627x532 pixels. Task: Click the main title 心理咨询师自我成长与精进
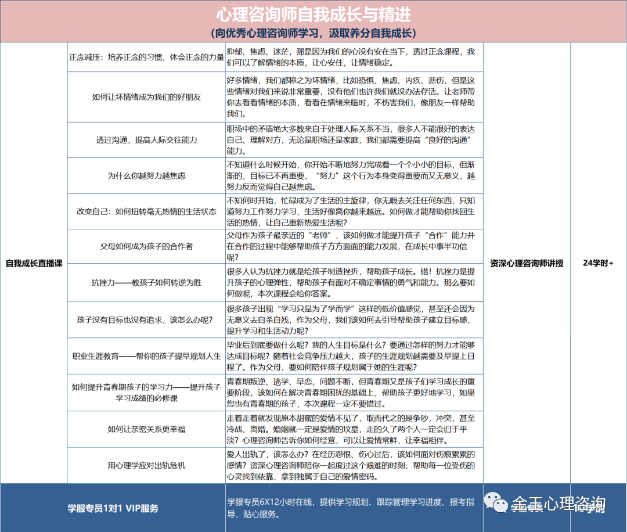pyautogui.click(x=313, y=14)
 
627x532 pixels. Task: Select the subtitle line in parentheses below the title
pyautogui.click(x=313, y=33)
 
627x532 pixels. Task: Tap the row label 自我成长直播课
pyautogui.click(x=34, y=263)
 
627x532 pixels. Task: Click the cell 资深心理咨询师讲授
pyautogui.click(x=527, y=263)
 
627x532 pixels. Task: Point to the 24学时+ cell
pyautogui.click(x=598, y=263)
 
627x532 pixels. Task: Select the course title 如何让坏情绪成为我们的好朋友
pyautogui.click(x=146, y=97)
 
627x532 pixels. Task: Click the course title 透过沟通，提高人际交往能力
pyautogui.click(x=146, y=140)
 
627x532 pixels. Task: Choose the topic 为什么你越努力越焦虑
pyautogui.click(x=146, y=175)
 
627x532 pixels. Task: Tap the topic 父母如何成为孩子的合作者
pyautogui.click(x=146, y=246)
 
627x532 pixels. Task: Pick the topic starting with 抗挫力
pyautogui.click(x=146, y=283)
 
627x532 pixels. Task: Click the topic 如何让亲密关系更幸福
pyautogui.click(x=146, y=429)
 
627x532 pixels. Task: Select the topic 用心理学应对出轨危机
pyautogui.click(x=146, y=465)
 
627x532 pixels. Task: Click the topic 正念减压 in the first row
pyautogui.click(x=146, y=57)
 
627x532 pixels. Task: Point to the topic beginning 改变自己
pyautogui.click(x=146, y=211)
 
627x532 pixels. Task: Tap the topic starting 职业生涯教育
pyautogui.click(x=146, y=356)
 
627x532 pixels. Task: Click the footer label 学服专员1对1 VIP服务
pyautogui.click(x=113, y=508)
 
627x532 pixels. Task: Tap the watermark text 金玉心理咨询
pyautogui.click(x=558, y=504)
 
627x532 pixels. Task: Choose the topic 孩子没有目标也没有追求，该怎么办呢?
pyautogui.click(x=146, y=320)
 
